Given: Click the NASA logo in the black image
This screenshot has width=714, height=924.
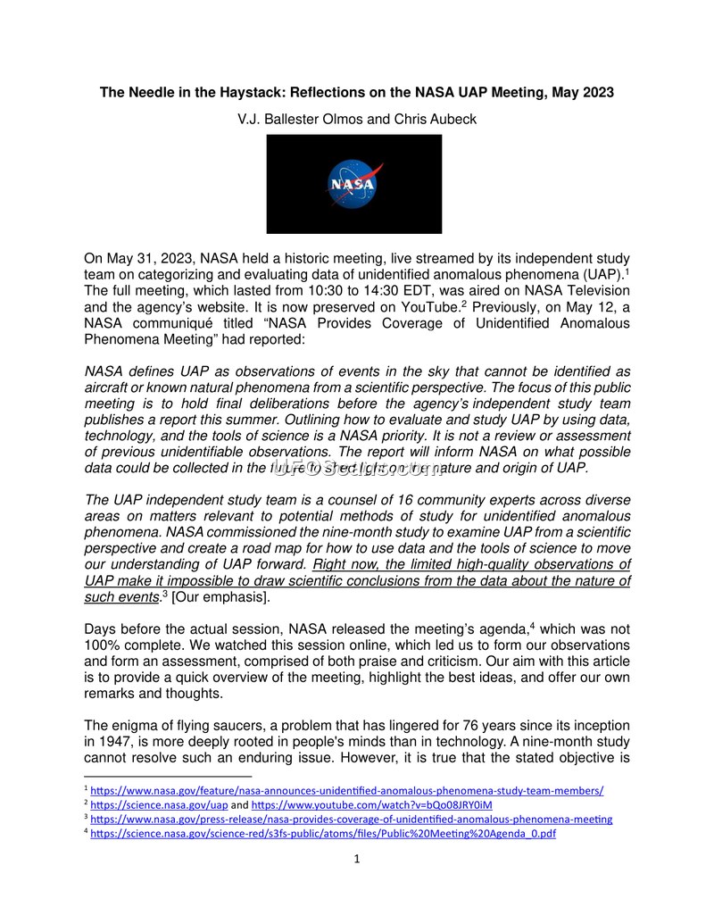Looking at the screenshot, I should point(353,184).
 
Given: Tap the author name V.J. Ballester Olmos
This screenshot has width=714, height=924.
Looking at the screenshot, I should point(303,119).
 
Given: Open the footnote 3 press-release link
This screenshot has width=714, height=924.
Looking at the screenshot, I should point(352,819).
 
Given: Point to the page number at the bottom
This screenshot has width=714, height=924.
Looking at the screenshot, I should point(357,860).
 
